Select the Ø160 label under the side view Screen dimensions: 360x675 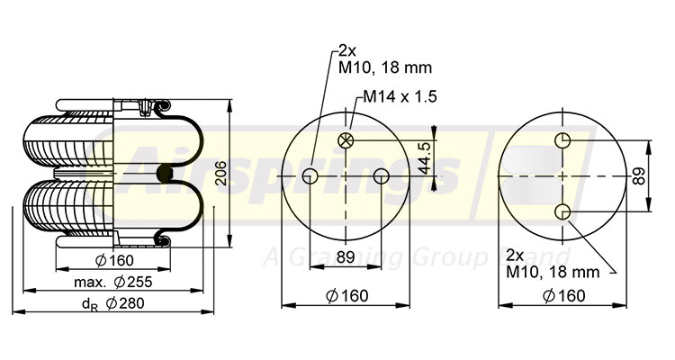114,261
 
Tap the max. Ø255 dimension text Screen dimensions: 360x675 113,283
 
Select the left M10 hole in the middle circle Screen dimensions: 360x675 310,175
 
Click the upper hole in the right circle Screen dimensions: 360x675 562,140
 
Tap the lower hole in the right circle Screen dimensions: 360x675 562,211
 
